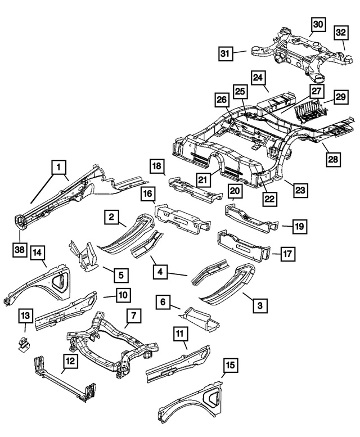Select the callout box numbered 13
click(25, 316)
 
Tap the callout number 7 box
click(132, 318)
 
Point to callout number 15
click(231, 366)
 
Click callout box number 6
click(163, 302)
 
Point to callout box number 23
click(300, 190)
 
